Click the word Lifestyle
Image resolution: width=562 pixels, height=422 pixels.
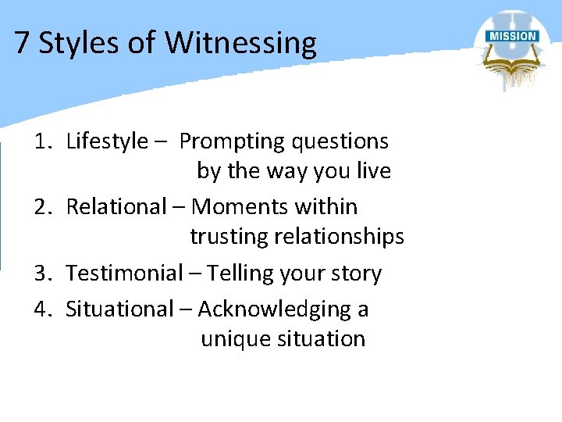pyautogui.click(x=107, y=141)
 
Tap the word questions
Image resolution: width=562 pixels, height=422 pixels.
pyautogui.click(x=340, y=141)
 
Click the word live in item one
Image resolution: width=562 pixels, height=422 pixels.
pyautogui.click(x=372, y=170)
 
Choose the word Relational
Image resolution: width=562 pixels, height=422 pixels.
pyautogui.click(x=116, y=207)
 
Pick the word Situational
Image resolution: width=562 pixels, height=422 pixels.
pyautogui.click(x=116, y=309)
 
